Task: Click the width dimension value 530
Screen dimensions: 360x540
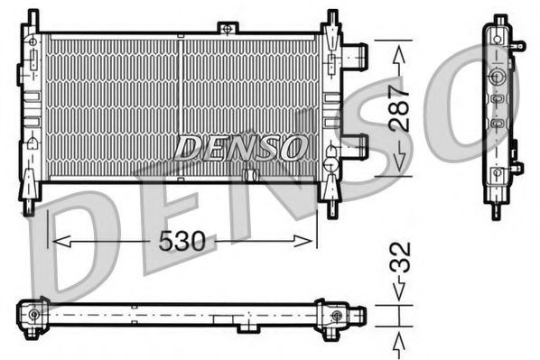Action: [x=183, y=241]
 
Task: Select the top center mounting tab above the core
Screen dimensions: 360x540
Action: [x=228, y=29]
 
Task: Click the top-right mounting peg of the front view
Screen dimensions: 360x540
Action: [x=332, y=18]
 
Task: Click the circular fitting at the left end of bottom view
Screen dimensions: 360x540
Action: [x=34, y=314]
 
